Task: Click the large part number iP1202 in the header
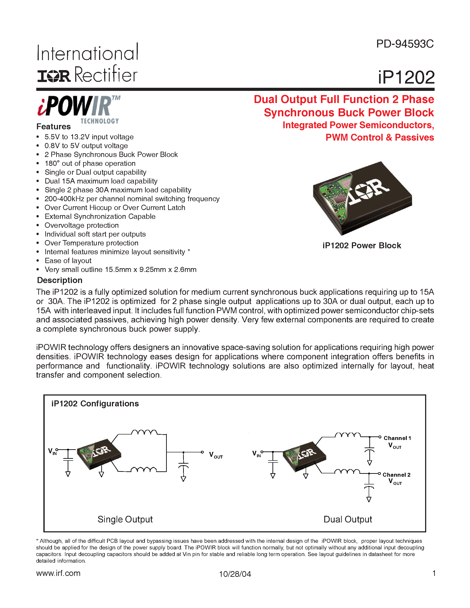406,77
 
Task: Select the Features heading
54,127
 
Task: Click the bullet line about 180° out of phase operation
90,163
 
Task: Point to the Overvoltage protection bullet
82,225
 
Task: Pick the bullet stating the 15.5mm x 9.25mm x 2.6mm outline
120,270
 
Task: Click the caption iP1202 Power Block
362,246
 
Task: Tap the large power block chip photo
362,198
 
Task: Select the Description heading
59,280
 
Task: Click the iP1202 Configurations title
95,404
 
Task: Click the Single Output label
125,519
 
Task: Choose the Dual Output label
347,519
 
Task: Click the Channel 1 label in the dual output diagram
397,438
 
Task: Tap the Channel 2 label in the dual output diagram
396,475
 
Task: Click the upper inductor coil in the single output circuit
144,432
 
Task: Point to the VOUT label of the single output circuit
216,455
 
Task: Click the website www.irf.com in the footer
58,573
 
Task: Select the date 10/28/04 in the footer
235,574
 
